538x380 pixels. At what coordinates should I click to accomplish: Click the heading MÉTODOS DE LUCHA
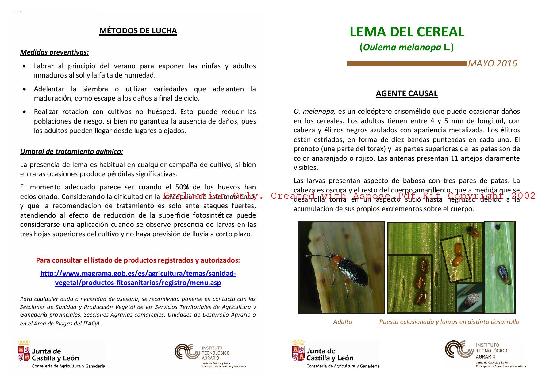(138, 31)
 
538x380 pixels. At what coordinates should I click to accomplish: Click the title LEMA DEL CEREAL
(407, 32)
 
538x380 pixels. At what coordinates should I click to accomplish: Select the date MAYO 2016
(492, 63)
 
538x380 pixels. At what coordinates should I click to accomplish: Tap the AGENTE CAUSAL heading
(406, 93)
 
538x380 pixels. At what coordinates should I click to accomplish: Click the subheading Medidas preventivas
(54, 52)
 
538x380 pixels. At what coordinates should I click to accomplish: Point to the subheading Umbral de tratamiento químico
(71, 151)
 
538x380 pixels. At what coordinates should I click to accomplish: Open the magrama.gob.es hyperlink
(138, 278)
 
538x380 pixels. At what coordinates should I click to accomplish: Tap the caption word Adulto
(342, 322)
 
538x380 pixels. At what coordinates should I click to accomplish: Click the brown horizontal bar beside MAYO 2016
(406, 64)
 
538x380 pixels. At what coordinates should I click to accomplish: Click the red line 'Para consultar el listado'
(138, 260)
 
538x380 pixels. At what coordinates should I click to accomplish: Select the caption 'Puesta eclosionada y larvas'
(449, 322)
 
